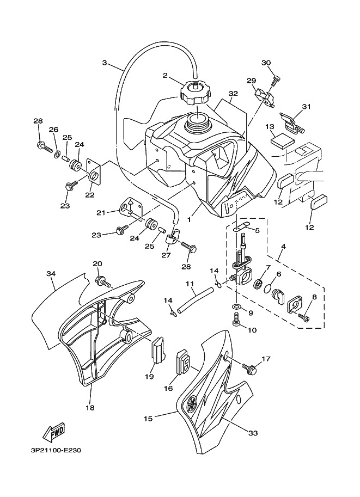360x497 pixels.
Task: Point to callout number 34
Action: tap(51, 273)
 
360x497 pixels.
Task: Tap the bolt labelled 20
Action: tap(102, 282)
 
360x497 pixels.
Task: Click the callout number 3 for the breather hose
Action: tap(105, 63)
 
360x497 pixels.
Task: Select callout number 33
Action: tap(252, 434)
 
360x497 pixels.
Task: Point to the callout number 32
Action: tap(233, 94)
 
